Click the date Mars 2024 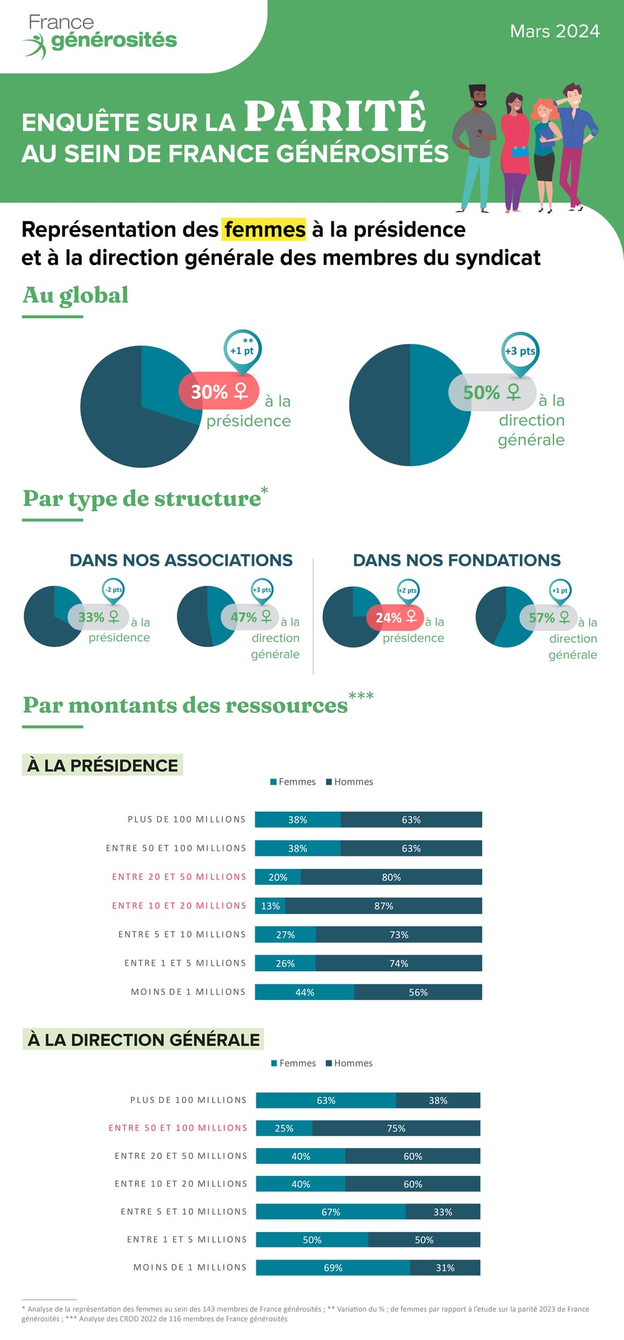point(554,31)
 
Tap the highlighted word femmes point(265,230)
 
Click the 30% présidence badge point(218,391)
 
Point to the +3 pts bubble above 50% point(520,351)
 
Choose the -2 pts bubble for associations point(114,590)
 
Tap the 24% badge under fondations point(394,617)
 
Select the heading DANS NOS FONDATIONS point(457,560)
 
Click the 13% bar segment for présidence point(270,906)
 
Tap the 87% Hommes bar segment point(384,906)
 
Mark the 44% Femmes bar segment point(305,992)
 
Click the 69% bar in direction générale point(333,1268)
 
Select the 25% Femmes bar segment point(284,1128)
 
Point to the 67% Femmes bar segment point(331,1211)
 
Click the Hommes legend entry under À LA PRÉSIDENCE point(349,782)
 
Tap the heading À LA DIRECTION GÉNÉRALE point(144,1040)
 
